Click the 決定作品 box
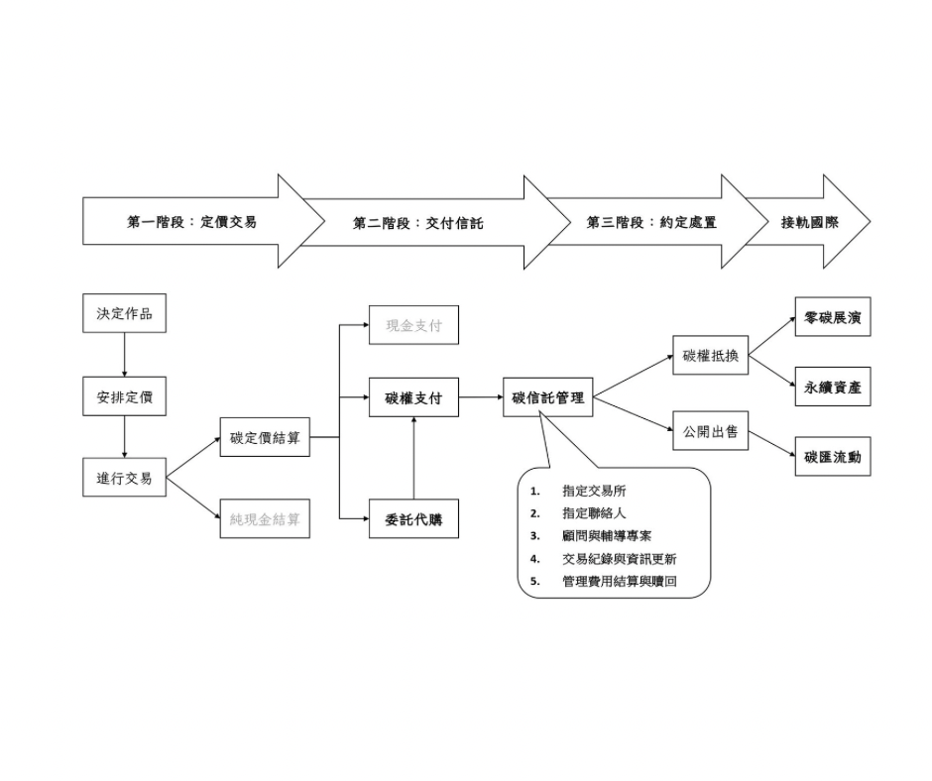coord(124,314)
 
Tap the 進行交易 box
coord(124,478)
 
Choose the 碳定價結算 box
coord(265,437)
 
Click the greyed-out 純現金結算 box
coord(265,518)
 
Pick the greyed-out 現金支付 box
coord(413,325)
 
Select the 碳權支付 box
coord(413,398)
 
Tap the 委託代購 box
coord(413,518)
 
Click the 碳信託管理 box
coord(548,398)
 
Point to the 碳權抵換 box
coord(710,356)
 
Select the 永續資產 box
coord(833,388)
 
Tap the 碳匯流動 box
coord(833,457)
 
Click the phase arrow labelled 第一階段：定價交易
coord(191,222)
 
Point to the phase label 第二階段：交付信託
coord(417,224)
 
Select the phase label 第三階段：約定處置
coord(651,222)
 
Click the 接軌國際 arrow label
coord(810,222)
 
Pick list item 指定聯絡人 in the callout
coord(594,513)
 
